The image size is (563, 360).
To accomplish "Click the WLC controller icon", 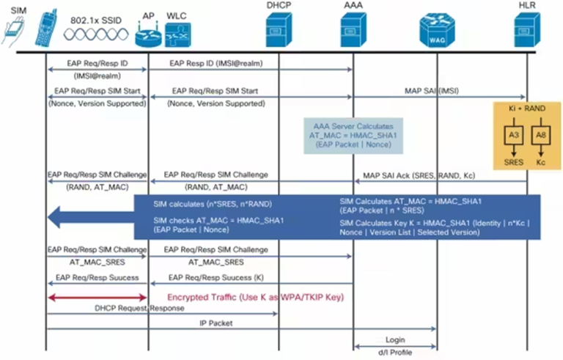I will click(177, 34).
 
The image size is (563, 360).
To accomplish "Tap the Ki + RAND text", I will click(527, 109).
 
